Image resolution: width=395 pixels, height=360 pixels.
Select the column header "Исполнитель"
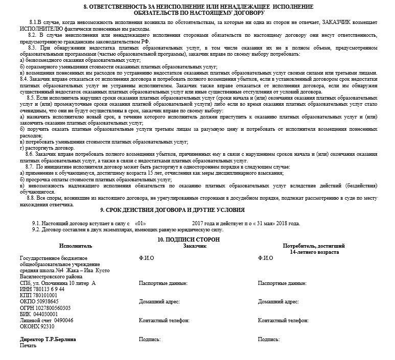pyautogui.click(x=61, y=246)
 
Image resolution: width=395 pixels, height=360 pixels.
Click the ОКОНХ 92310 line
pyautogui.click(x=37, y=326)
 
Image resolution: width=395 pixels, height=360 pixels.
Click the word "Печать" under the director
pyautogui.click(x=28, y=346)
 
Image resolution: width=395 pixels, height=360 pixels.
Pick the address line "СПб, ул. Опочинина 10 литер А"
pyautogui.click(x=57, y=283)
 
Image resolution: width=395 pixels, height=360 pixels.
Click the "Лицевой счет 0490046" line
pyautogui.click(x=46, y=320)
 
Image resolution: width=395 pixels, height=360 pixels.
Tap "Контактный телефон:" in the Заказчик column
pyautogui.click(x=164, y=321)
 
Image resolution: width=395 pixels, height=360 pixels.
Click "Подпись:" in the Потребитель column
pyautogui.click(x=269, y=339)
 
